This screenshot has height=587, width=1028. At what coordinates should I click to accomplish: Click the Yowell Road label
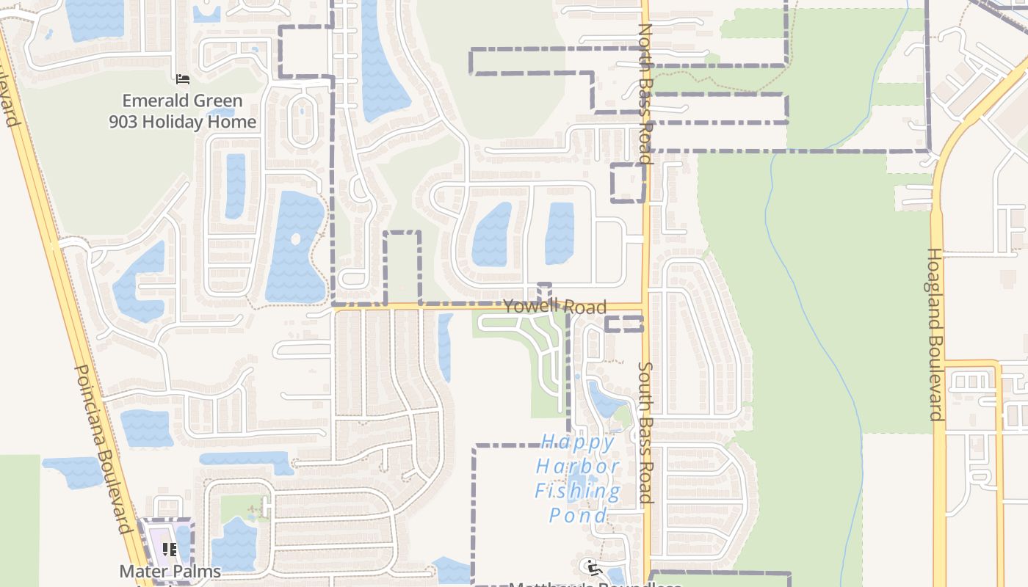[x=555, y=306]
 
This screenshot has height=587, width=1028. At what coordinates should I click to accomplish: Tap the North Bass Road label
[x=645, y=94]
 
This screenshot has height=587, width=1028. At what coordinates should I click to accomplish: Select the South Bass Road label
[x=645, y=433]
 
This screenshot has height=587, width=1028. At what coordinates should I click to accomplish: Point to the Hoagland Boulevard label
[x=934, y=335]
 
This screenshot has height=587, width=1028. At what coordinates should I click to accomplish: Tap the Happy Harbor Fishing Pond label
[x=578, y=478]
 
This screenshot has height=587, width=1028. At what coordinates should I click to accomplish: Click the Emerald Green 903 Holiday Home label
[x=183, y=111]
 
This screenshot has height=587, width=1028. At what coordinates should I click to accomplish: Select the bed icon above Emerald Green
[x=183, y=79]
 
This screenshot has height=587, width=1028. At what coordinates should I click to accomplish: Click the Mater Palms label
[x=170, y=571]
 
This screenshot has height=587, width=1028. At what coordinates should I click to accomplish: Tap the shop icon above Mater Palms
[x=170, y=549]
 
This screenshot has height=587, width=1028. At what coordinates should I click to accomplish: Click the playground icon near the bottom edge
[x=592, y=566]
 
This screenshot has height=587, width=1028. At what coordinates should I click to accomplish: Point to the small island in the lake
[x=296, y=239]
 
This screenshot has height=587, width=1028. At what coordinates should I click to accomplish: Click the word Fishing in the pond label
[x=578, y=491]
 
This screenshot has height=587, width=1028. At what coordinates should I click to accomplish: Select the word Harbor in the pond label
[x=578, y=466]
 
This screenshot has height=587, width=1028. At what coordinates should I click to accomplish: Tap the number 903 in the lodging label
[x=126, y=122]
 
